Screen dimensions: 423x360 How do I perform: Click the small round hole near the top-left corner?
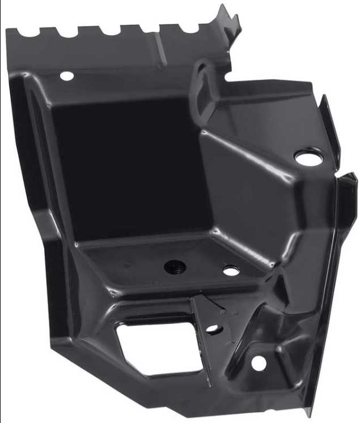point(66,75)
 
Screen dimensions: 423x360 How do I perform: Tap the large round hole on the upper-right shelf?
point(308,156)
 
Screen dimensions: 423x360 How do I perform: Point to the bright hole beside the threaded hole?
point(231,271)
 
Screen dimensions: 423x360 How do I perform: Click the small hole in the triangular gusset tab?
point(212,328)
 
